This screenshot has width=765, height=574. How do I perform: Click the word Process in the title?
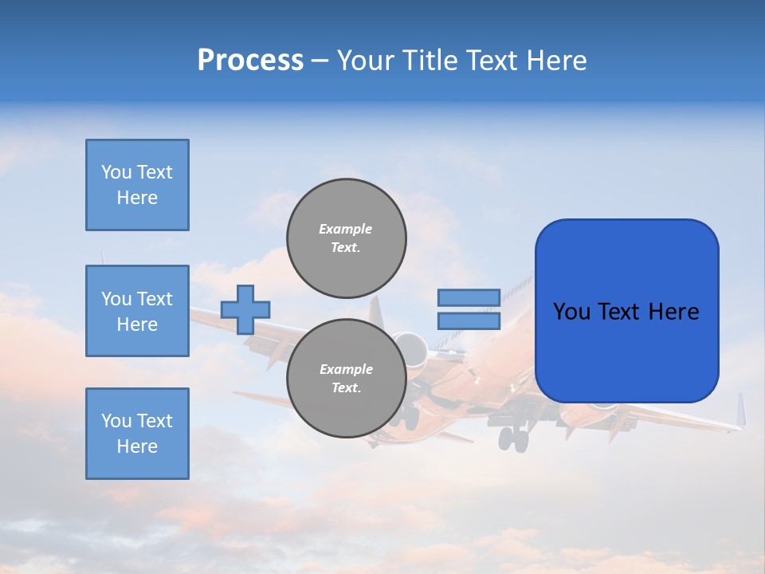coord(250,61)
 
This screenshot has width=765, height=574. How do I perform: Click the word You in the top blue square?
coord(116,172)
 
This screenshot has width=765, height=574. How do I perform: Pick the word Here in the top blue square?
coord(137,198)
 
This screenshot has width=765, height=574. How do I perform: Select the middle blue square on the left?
coord(137,311)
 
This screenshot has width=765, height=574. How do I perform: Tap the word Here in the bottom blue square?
coord(137,446)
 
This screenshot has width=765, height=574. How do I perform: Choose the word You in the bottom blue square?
coord(116,421)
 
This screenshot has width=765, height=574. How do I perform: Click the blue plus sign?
coord(245,309)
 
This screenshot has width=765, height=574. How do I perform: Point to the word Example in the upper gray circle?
coord(345,229)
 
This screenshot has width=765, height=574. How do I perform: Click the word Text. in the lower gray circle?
coord(346,388)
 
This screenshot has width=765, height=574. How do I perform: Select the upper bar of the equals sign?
coord(469,297)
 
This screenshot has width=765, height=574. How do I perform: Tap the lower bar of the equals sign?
coord(469,320)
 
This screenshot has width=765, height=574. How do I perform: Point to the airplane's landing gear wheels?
coord(514,438)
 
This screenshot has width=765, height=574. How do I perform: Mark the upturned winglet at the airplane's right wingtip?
coord(740,410)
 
